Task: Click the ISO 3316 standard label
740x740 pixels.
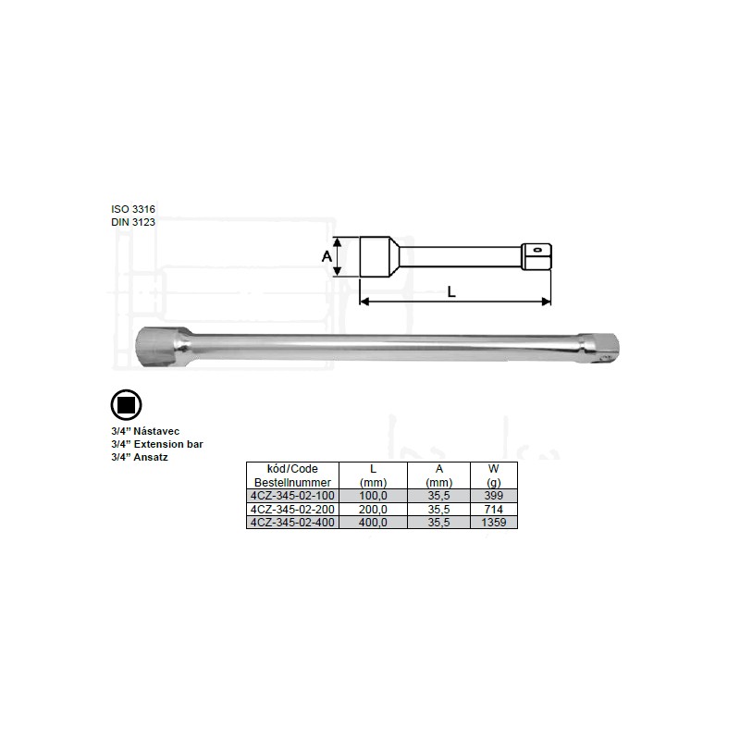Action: (x=133, y=209)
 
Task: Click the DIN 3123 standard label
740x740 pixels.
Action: (x=133, y=222)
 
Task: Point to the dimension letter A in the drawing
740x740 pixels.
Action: (x=327, y=257)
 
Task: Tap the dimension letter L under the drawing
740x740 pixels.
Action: (x=451, y=292)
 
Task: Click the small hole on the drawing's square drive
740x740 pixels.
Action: (x=537, y=250)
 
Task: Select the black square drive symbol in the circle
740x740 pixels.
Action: (x=126, y=405)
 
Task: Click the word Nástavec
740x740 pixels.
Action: (x=156, y=431)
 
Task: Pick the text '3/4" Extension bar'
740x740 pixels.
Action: (x=157, y=444)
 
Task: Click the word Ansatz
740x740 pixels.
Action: (x=151, y=457)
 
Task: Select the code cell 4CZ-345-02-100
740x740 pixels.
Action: (x=292, y=496)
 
